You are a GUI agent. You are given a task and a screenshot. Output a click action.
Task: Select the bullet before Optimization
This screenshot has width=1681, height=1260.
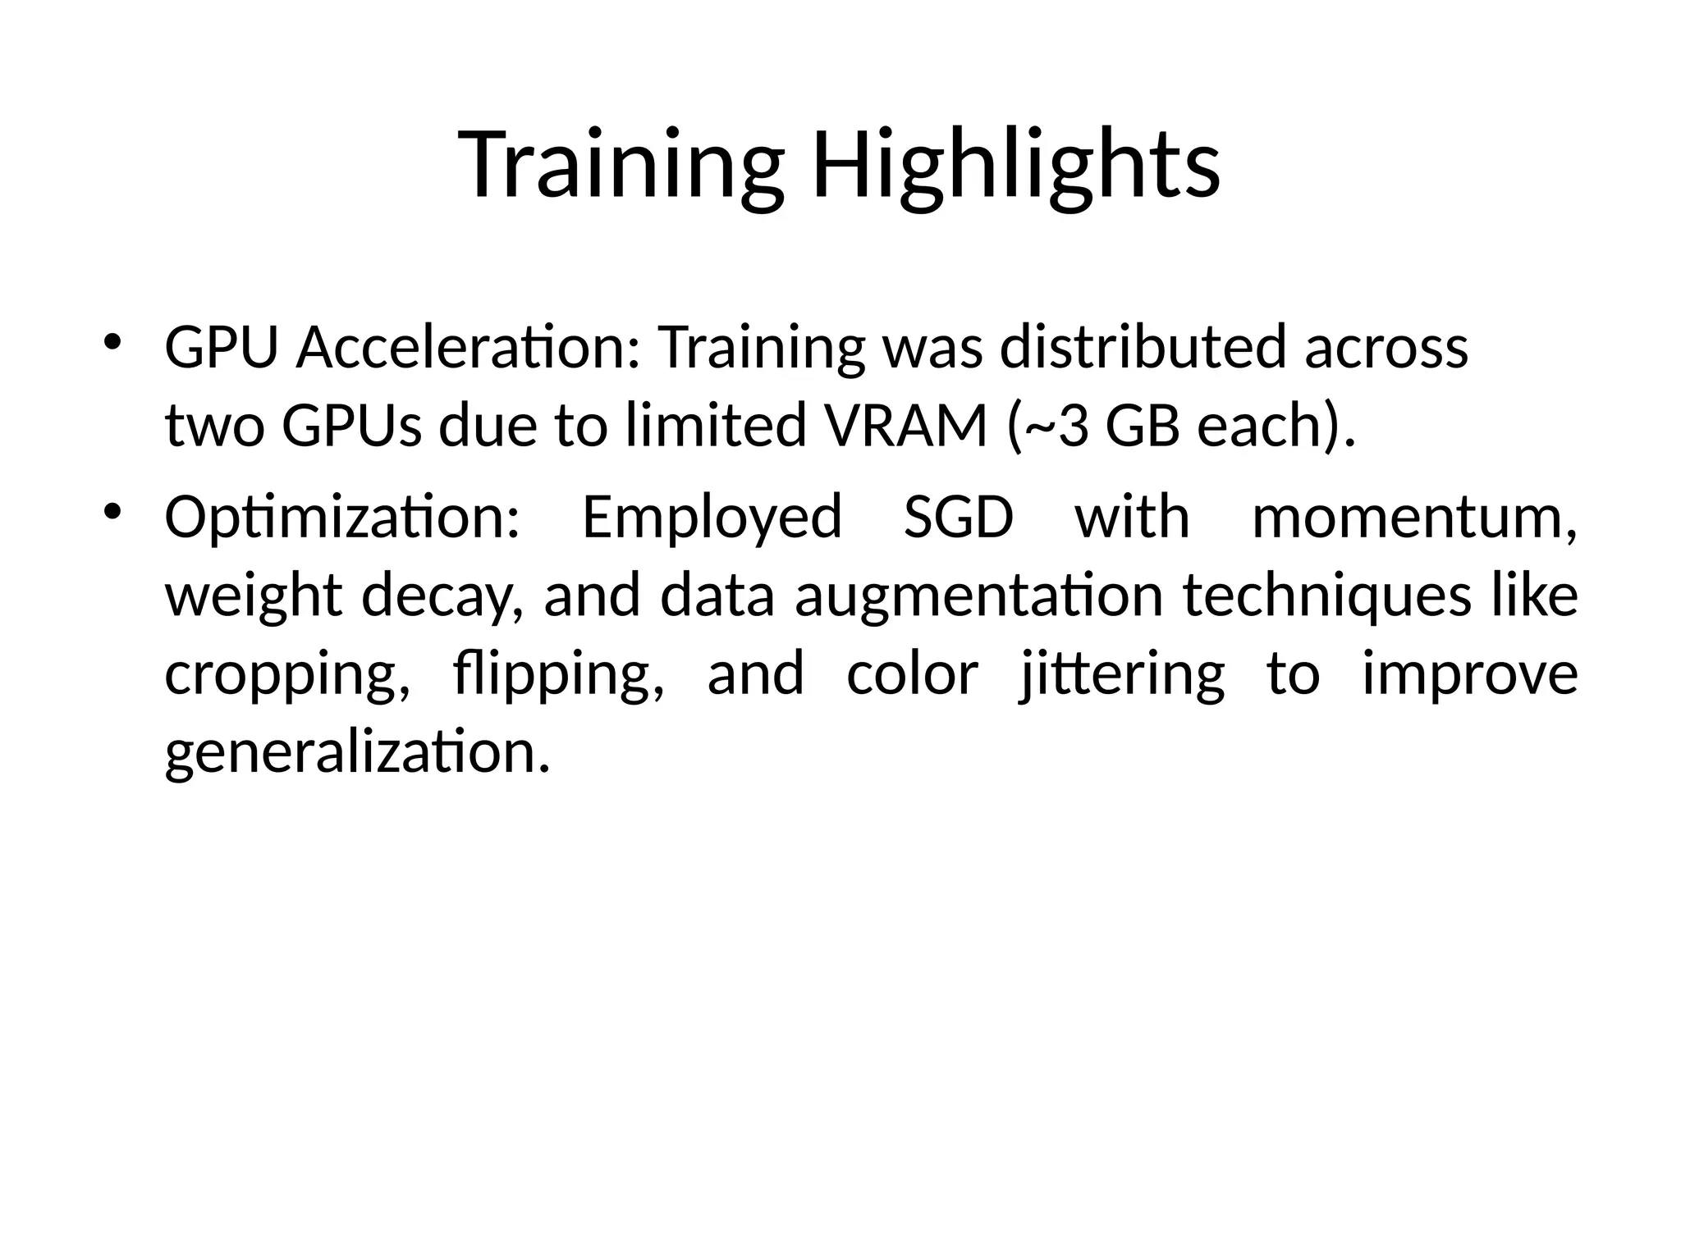coord(113,512)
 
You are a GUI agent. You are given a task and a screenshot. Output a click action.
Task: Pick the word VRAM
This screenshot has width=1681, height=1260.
coord(908,427)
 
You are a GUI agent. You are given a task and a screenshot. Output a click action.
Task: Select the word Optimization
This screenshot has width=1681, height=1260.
coord(342,518)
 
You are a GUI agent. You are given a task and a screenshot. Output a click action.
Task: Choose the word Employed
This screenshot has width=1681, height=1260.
coord(712,518)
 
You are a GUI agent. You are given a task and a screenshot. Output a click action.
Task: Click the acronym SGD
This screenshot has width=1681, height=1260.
coord(958,518)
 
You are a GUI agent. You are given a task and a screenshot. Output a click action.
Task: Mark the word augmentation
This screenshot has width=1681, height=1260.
coord(978,597)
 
